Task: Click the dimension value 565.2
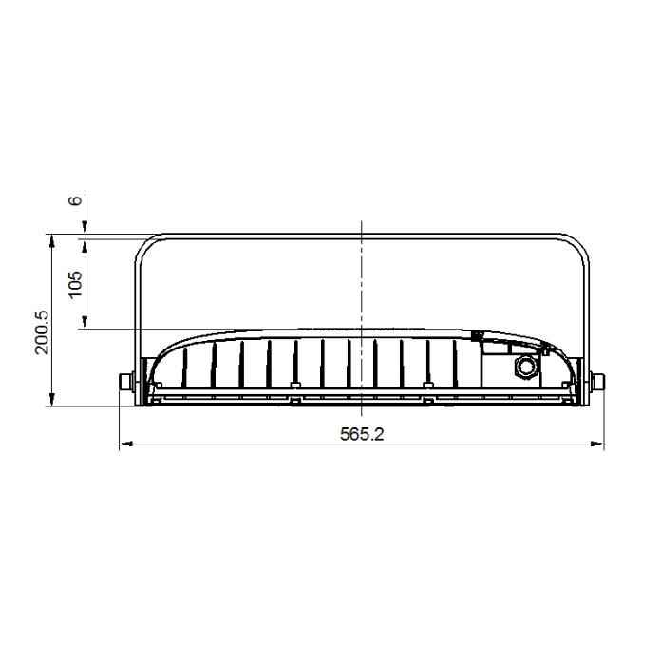[362, 434]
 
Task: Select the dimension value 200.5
[42, 333]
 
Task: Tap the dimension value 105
[75, 284]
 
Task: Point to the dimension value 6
[75, 199]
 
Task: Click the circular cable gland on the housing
[525, 367]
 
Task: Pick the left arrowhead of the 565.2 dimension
[126, 444]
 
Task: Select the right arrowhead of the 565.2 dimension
[597, 444]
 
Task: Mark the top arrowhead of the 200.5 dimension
[52, 241]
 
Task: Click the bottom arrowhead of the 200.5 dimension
[52, 399]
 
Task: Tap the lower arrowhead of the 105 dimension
[85, 322]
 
